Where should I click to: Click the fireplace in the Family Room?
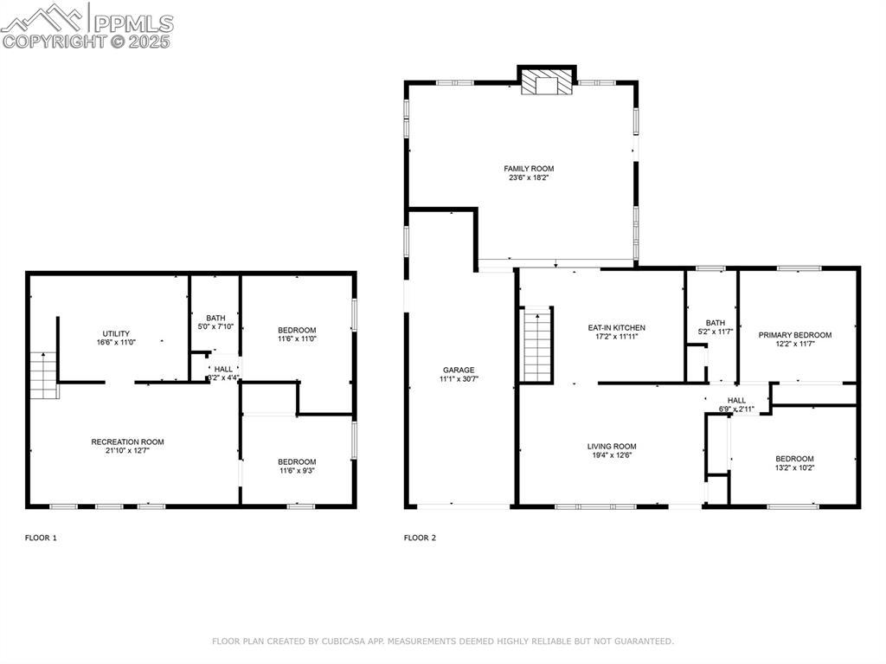(x=547, y=82)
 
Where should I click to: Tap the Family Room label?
(x=529, y=169)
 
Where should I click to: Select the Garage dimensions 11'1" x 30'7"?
(x=459, y=379)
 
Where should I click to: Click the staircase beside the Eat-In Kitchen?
(x=536, y=345)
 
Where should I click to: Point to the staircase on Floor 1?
(x=44, y=375)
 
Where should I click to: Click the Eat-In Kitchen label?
(x=616, y=328)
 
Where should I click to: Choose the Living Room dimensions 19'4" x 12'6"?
(x=612, y=455)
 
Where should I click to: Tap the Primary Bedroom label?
(x=795, y=335)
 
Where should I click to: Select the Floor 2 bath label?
(x=716, y=323)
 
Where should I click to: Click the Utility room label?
(x=117, y=333)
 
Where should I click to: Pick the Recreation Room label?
(x=128, y=442)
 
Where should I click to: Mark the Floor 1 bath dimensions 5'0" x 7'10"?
(x=215, y=327)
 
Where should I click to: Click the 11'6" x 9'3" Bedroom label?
(x=298, y=462)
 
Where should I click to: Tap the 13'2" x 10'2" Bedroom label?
(x=794, y=459)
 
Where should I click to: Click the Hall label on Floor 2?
(x=737, y=401)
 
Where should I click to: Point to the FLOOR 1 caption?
(x=41, y=538)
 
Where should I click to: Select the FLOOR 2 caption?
(x=420, y=538)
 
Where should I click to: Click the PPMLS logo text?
(x=133, y=23)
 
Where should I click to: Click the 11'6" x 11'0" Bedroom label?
(x=298, y=331)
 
